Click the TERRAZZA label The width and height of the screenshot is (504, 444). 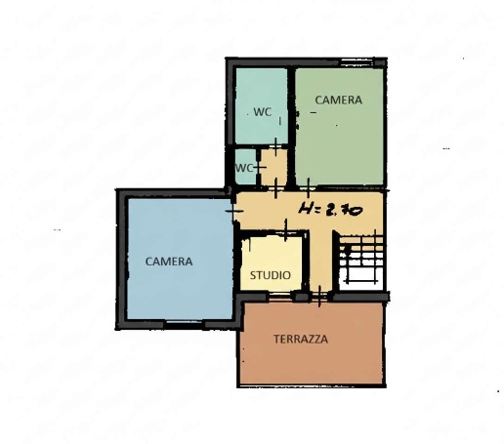coord(301,340)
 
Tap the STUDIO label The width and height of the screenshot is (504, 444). coord(271,275)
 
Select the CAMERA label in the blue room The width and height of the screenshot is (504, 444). coord(169,262)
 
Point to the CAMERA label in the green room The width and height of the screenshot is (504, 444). coord(338,101)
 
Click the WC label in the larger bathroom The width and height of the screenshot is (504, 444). coord(263,112)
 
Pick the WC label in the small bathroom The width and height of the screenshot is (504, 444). coord(244,168)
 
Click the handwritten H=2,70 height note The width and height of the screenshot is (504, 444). coord(330,209)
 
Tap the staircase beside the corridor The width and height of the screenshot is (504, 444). coord(361,261)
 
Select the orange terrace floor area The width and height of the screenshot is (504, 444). coord(311,343)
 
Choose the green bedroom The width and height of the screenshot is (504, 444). coord(339,127)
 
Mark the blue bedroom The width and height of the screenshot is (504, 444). coord(180,259)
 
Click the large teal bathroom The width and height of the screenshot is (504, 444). coord(261,105)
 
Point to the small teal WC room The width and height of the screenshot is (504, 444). coord(245,167)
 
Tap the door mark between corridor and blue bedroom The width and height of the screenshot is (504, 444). coord(234,211)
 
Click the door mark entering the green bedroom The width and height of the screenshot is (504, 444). coord(308,188)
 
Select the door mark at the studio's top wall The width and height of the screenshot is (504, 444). coord(286,230)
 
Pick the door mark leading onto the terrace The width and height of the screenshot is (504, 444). coord(319,296)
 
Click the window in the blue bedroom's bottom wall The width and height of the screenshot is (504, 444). coord(184,322)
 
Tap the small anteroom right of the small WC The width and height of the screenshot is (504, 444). coord(273,167)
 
